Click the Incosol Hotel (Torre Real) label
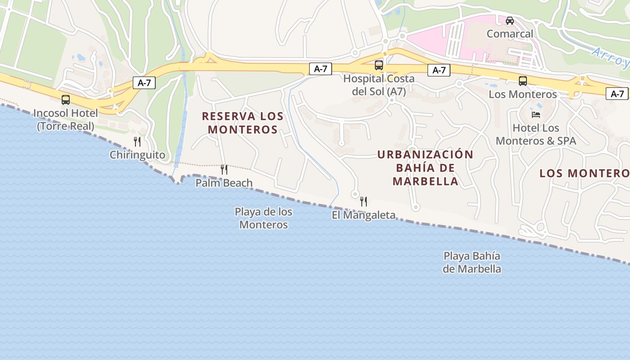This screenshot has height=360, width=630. pos(66,119)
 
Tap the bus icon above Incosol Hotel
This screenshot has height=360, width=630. pos(66,100)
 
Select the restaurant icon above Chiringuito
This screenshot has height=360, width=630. pos(137,142)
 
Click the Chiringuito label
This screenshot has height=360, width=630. pos(137,155)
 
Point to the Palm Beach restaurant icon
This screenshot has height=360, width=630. pos(224,170)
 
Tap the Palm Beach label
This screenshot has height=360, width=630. pos(224,183)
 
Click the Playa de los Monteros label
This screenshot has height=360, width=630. pos(263,218)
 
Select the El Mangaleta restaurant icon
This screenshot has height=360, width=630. pos(364,202)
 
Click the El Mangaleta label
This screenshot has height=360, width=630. pos(364,215)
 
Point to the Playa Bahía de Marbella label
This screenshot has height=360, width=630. pos(472,262)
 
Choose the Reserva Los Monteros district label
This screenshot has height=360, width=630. pos(243,123)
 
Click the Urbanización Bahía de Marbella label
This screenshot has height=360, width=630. pos(425,168)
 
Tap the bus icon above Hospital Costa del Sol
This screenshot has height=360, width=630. pos(379,65)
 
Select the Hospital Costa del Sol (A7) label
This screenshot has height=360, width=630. pos(379,85)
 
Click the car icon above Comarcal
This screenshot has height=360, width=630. pos(510,20)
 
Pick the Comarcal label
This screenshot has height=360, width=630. pos(510,34)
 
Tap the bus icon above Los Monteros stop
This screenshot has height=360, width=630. pos(523,81)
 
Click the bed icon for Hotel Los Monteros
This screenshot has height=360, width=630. pos(535,115)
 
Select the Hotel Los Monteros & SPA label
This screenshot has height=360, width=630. pos(535,134)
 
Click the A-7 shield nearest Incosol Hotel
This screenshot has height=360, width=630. pos(144,83)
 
